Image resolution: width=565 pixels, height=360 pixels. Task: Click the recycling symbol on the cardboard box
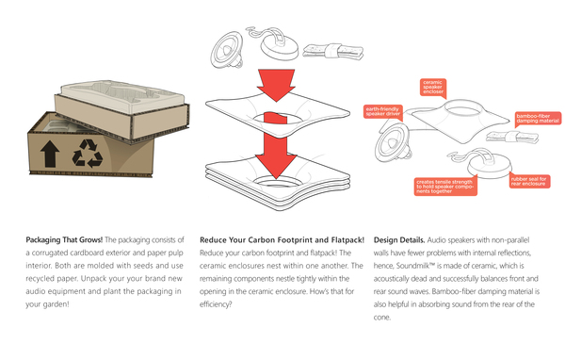88,154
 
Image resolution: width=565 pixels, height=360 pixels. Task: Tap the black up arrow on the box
50,154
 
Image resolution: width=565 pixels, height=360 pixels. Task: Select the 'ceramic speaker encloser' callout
433,88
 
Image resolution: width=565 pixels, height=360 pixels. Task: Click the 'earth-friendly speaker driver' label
382,111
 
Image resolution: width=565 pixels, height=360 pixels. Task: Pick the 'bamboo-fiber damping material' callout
538,119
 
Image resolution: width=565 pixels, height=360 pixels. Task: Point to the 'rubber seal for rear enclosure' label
529,181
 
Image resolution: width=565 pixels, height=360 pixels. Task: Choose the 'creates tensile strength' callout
445,187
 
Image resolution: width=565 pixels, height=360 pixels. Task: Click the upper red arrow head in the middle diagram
276,86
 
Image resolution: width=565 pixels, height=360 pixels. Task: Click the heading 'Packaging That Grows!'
64,240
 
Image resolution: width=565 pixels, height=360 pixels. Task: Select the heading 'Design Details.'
399,240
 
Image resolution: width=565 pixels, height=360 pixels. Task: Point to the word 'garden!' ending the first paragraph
56,304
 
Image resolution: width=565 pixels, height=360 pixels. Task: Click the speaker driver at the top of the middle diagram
227,50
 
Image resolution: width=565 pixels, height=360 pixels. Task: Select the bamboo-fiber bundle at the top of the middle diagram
332,51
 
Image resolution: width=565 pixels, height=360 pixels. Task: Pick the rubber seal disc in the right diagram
490,166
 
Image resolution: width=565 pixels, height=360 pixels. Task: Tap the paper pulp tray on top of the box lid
122,95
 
